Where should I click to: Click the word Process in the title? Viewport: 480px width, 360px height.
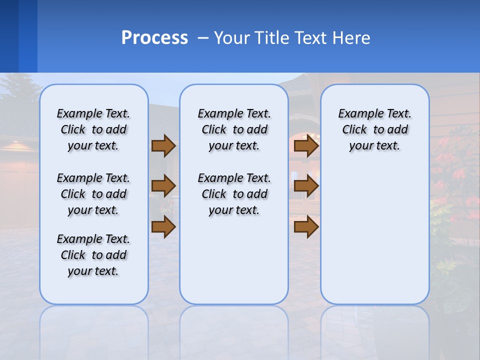[x=154, y=38]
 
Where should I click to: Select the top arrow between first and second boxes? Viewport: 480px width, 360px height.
[x=163, y=145]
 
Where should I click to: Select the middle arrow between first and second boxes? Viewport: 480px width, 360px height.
[x=163, y=186]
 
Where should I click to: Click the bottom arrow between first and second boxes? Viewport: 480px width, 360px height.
[x=163, y=227]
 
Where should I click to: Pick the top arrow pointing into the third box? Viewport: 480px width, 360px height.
[x=306, y=145]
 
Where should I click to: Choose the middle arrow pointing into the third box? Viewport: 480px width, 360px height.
[x=306, y=186]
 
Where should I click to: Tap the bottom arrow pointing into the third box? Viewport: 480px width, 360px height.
[x=306, y=227]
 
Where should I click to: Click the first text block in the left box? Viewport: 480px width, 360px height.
[x=93, y=129]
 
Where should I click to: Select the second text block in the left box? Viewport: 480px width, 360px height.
[x=93, y=194]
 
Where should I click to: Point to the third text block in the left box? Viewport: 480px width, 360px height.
[x=93, y=255]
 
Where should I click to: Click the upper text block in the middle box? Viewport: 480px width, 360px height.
[x=234, y=129]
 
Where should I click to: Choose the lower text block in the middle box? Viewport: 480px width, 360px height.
[x=234, y=194]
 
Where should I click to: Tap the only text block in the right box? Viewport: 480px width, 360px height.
[x=374, y=129]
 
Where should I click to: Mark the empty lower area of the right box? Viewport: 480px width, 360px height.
[x=374, y=235]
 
